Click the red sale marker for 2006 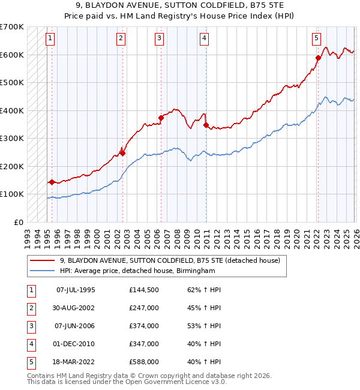161,118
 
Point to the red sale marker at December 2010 206,125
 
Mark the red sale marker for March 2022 318,58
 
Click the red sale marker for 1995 52,181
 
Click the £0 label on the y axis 19,222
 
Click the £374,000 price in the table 143,326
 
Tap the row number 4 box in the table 30,344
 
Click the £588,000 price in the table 143,362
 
